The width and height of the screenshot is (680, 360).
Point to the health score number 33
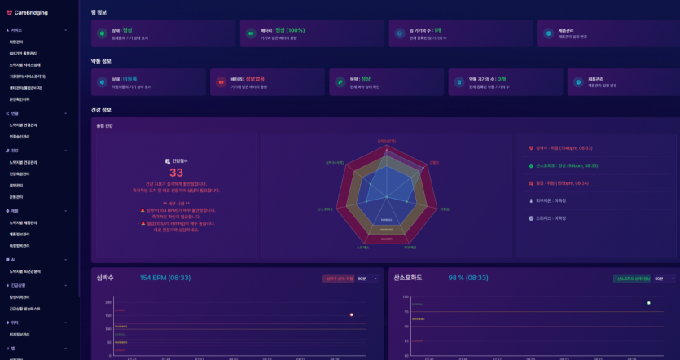point(176,173)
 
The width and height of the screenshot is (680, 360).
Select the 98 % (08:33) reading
point(468,278)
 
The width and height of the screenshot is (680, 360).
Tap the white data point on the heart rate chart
point(351,314)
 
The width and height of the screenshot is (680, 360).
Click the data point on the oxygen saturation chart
point(648,303)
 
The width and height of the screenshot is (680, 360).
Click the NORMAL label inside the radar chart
point(386,220)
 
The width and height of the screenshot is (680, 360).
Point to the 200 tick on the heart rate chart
point(108,301)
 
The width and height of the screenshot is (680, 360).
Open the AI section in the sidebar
point(14,259)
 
